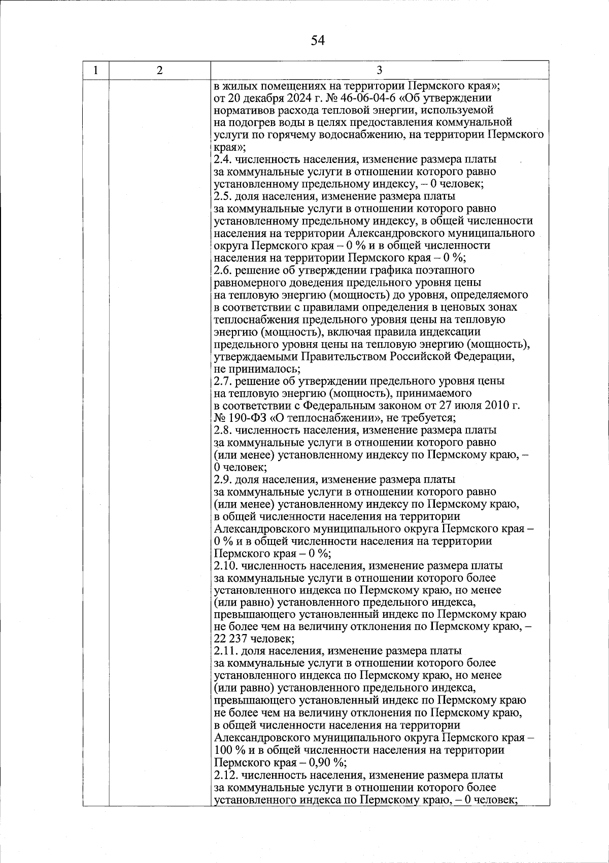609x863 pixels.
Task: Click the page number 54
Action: tap(318, 40)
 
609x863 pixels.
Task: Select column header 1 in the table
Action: tap(96, 70)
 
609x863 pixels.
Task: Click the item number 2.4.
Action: tap(223, 159)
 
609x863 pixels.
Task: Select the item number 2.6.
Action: tap(223, 270)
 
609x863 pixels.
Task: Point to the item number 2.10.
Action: tap(225, 566)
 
